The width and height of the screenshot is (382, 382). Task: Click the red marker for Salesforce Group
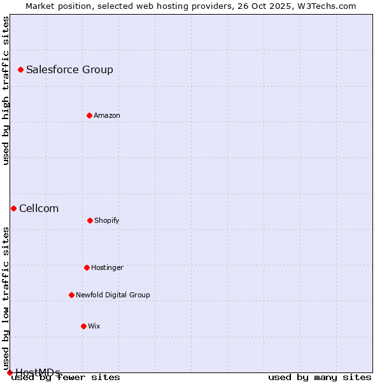click(20, 69)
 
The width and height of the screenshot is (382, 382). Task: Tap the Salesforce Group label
click(69, 70)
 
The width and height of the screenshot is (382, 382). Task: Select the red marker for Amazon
click(89, 115)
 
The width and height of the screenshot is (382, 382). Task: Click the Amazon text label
click(107, 116)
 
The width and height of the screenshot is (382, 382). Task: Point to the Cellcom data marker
click(13, 208)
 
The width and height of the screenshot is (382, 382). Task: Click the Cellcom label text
click(39, 209)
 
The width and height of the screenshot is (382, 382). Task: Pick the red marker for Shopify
click(90, 220)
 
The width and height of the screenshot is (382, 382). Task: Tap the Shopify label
click(107, 221)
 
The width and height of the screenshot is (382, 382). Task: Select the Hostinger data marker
click(87, 267)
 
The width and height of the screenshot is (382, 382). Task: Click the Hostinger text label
click(107, 268)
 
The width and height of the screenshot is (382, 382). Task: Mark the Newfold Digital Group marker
click(71, 295)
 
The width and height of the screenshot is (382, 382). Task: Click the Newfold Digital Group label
click(113, 295)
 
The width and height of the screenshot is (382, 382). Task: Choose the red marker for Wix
click(83, 326)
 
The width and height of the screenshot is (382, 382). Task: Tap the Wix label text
click(94, 327)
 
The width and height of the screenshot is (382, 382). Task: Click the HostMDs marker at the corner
click(10, 372)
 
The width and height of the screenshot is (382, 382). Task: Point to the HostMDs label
click(38, 372)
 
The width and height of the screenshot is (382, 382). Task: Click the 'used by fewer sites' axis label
click(66, 378)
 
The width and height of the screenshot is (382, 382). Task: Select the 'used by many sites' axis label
click(320, 378)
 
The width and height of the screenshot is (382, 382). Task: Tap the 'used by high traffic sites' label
click(6, 91)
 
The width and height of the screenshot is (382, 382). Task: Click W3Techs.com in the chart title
click(326, 6)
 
